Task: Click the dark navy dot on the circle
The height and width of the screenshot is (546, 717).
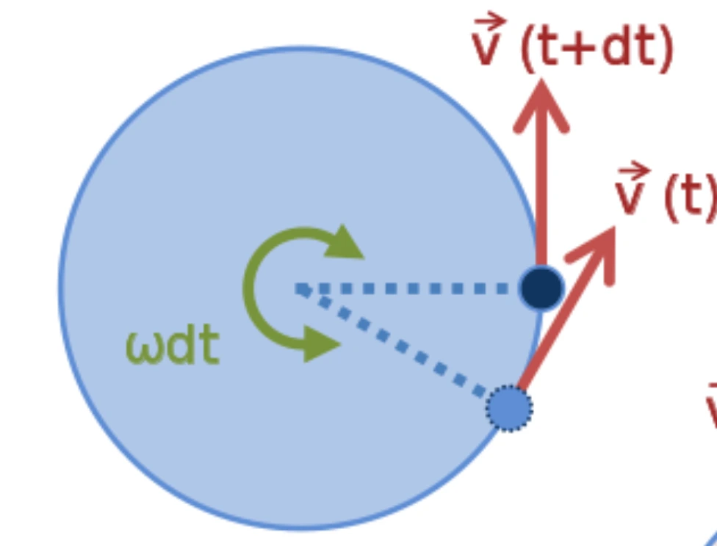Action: coord(541,288)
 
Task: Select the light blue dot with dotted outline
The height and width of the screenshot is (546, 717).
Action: coord(509,408)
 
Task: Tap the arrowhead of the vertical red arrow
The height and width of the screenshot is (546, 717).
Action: coord(541,103)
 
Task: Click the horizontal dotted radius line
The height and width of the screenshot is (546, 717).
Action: coord(404,288)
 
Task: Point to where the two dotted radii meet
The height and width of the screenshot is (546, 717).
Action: coord(300,288)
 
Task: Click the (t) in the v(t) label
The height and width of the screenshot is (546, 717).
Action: coord(688,197)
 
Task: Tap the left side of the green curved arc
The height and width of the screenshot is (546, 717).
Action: coord(250,290)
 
